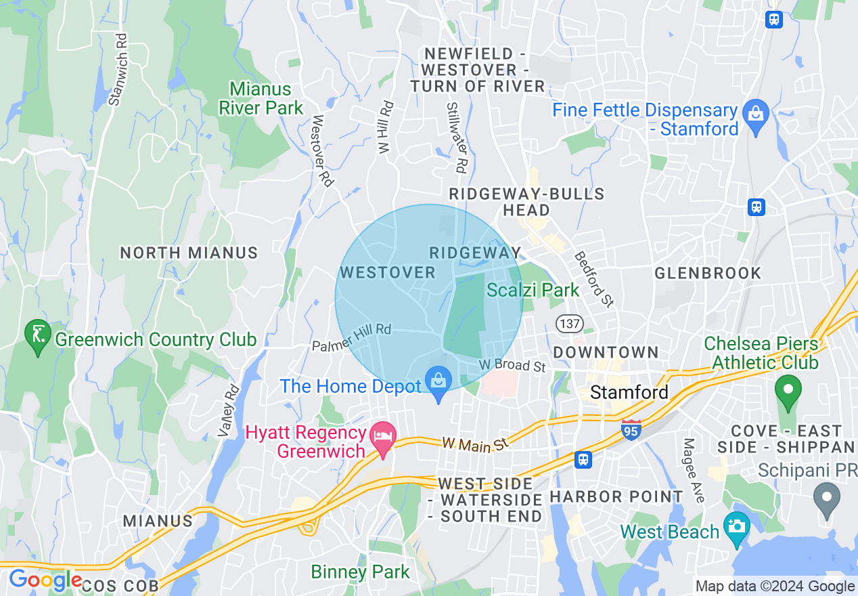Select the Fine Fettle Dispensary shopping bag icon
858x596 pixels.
(755, 113)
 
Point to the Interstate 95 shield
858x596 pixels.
(631, 429)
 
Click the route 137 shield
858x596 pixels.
(570, 324)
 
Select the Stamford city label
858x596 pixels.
(629, 392)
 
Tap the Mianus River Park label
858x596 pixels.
(261, 98)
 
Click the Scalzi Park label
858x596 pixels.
(533, 291)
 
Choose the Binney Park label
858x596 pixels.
(360, 572)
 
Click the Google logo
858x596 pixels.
(45, 580)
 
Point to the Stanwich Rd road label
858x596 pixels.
(118, 70)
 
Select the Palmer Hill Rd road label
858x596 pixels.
(352, 337)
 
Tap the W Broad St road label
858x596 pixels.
(512, 366)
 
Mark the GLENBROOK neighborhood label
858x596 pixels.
(708, 273)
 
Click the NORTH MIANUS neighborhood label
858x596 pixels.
(189, 253)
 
